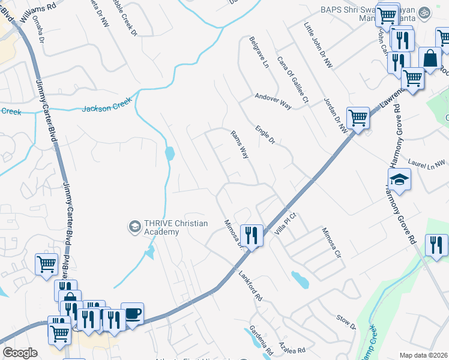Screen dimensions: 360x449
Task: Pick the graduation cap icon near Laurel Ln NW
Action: (399, 179)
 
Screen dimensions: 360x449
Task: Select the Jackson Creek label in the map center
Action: (106, 106)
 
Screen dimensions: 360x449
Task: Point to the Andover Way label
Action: (273, 100)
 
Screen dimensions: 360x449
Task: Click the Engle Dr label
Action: (264, 135)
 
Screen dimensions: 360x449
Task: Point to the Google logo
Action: (20, 353)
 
